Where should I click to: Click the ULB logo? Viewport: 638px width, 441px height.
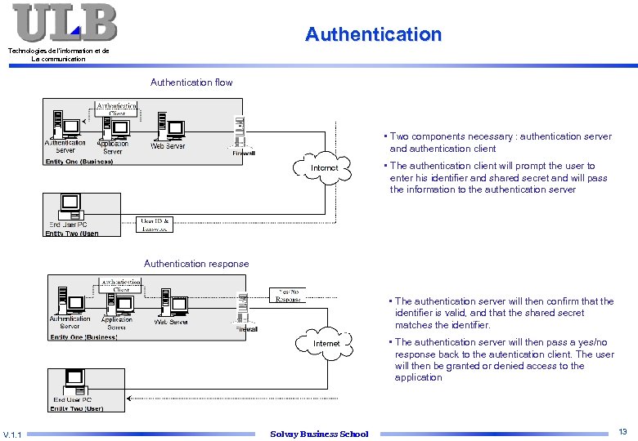tap(64, 23)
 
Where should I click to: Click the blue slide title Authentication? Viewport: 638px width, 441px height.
tap(373, 34)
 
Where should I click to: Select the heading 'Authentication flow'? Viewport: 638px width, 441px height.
tap(191, 82)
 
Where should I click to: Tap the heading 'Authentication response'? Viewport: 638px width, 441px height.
tap(196, 264)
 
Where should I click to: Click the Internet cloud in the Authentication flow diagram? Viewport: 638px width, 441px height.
tap(324, 168)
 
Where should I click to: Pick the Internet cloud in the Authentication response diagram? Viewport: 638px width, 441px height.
tap(326, 344)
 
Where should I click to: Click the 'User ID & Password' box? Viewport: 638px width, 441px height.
tap(154, 225)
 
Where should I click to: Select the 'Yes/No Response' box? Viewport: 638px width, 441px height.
tap(289, 295)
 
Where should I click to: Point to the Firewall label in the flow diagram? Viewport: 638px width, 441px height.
tap(244, 153)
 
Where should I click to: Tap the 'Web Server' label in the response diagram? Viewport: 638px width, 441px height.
tap(171, 322)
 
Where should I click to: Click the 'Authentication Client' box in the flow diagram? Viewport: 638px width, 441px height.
tap(117, 109)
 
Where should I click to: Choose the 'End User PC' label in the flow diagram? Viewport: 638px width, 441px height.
tap(68, 225)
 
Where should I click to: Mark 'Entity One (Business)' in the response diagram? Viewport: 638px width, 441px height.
tap(83, 336)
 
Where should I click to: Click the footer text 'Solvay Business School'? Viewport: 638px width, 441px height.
tap(319, 434)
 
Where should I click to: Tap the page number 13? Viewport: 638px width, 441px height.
tap(622, 431)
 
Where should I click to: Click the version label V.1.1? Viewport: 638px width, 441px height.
tap(12, 434)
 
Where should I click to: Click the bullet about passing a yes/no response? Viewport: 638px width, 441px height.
tap(503, 360)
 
